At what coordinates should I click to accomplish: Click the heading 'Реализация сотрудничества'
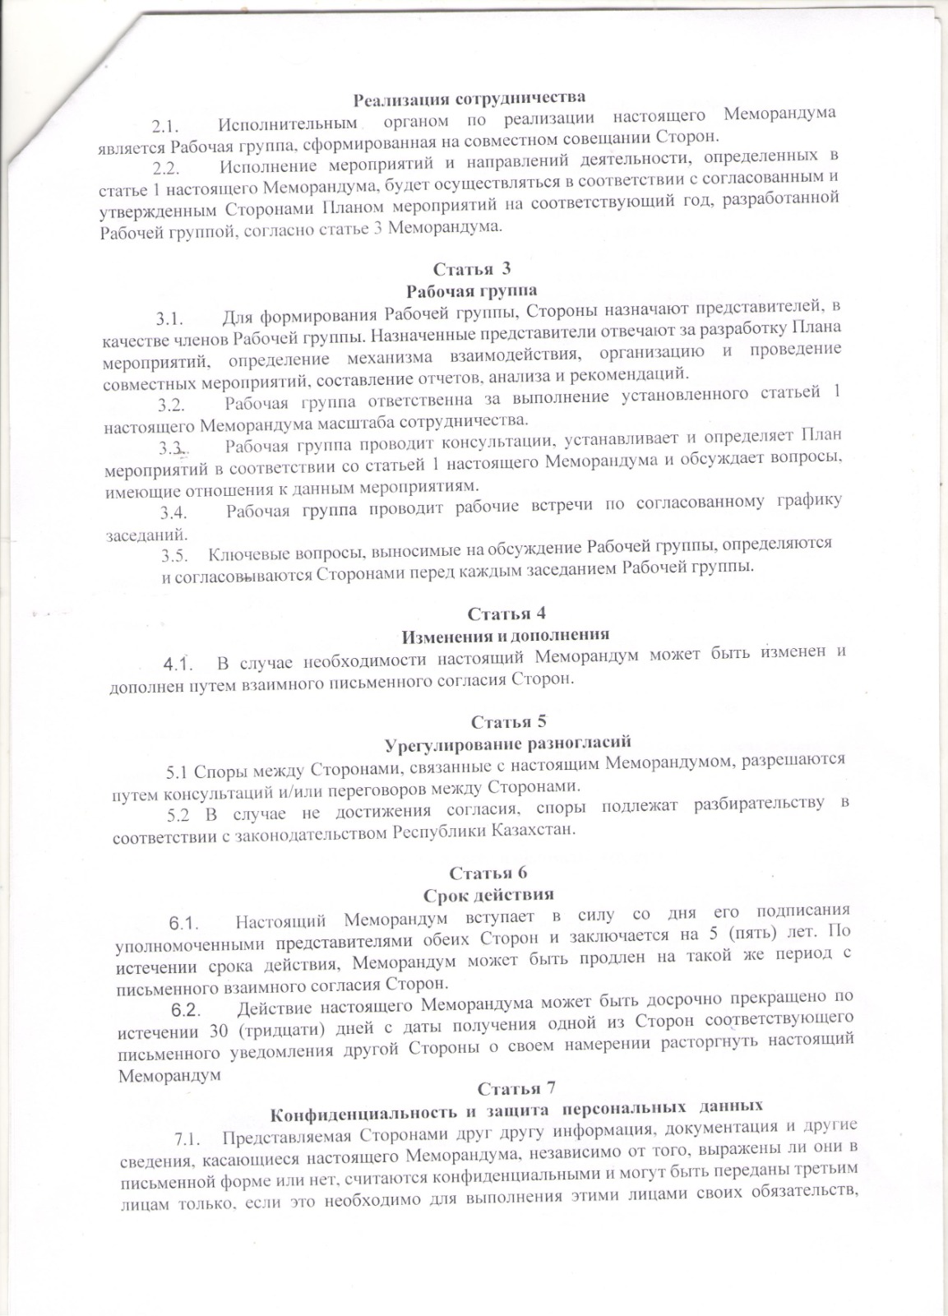469,100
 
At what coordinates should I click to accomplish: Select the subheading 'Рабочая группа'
472,290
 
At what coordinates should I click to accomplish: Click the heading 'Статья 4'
506,614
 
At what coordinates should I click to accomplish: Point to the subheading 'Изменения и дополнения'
505,635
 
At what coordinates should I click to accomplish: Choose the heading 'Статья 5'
508,721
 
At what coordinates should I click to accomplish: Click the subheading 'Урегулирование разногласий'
508,744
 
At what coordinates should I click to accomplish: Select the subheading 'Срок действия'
488,894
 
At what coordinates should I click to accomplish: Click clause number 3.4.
175,512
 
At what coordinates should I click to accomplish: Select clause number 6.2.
185,1010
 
